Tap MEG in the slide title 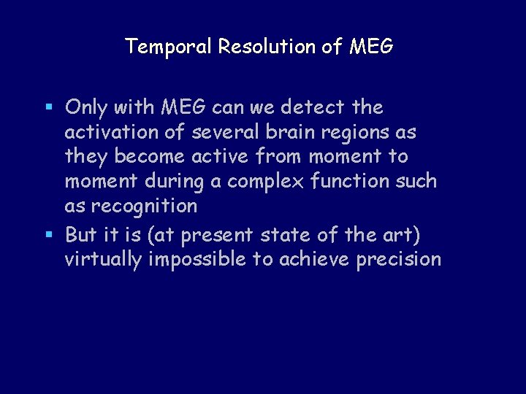coord(371,47)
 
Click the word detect coord(313,107)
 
